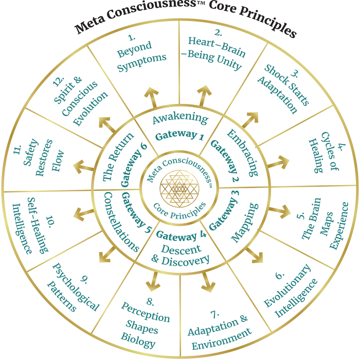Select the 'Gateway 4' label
tap(181, 237)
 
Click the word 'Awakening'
tap(181, 119)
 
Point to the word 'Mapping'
tap(242, 224)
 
